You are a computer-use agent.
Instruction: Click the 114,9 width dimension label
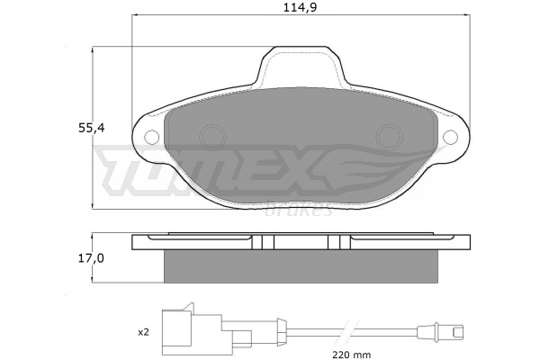click(300, 7)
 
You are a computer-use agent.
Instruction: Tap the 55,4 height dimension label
click(91, 128)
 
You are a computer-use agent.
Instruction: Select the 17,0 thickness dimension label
click(91, 258)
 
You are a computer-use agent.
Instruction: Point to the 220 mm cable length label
click(352, 354)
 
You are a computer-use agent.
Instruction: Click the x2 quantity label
click(143, 332)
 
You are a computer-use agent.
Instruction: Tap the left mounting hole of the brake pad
click(151, 137)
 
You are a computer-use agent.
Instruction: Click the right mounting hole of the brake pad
click(451, 137)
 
